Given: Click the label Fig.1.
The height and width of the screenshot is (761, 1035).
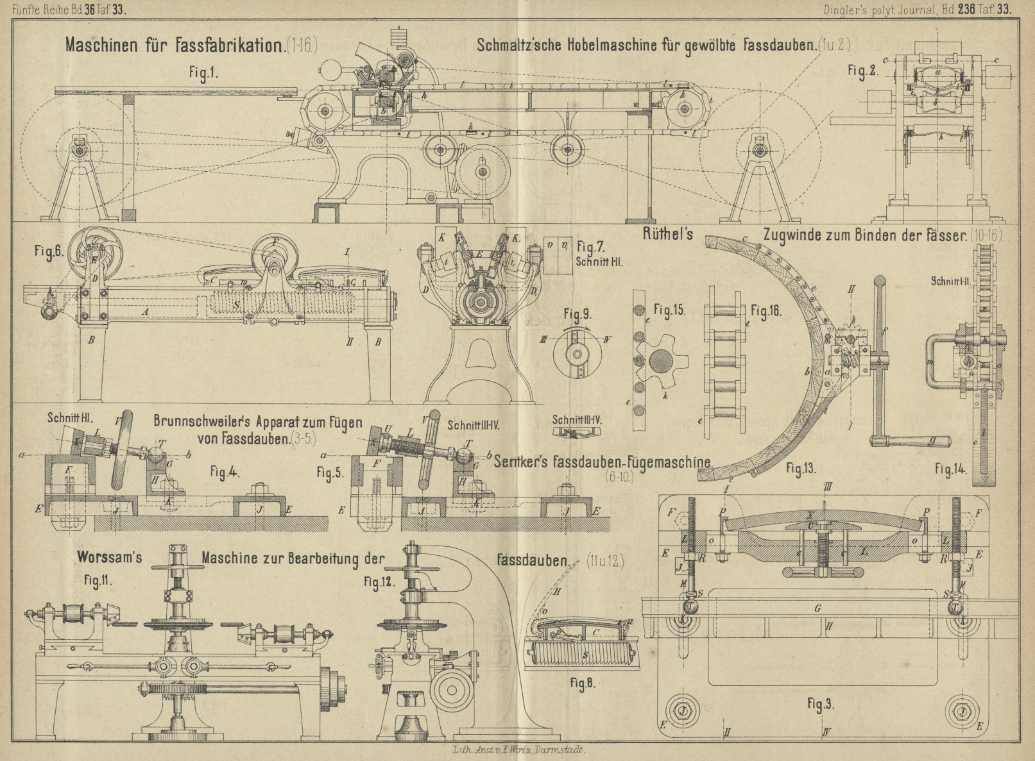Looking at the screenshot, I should point(203,73).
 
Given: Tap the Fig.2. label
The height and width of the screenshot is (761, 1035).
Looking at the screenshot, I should point(862,71).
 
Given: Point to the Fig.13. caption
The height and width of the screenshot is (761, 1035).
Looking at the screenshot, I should point(801,469).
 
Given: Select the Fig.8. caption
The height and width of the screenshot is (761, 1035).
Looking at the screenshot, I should point(582,683).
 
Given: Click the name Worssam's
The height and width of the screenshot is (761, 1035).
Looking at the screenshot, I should point(110,557).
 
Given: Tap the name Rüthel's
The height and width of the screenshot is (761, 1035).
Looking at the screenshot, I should point(667,234).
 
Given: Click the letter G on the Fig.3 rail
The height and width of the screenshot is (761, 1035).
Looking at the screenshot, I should point(817,608).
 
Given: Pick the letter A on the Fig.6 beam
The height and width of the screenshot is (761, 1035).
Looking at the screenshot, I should point(146,311).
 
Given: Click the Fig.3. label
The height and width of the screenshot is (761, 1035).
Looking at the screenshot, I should point(821,704).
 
